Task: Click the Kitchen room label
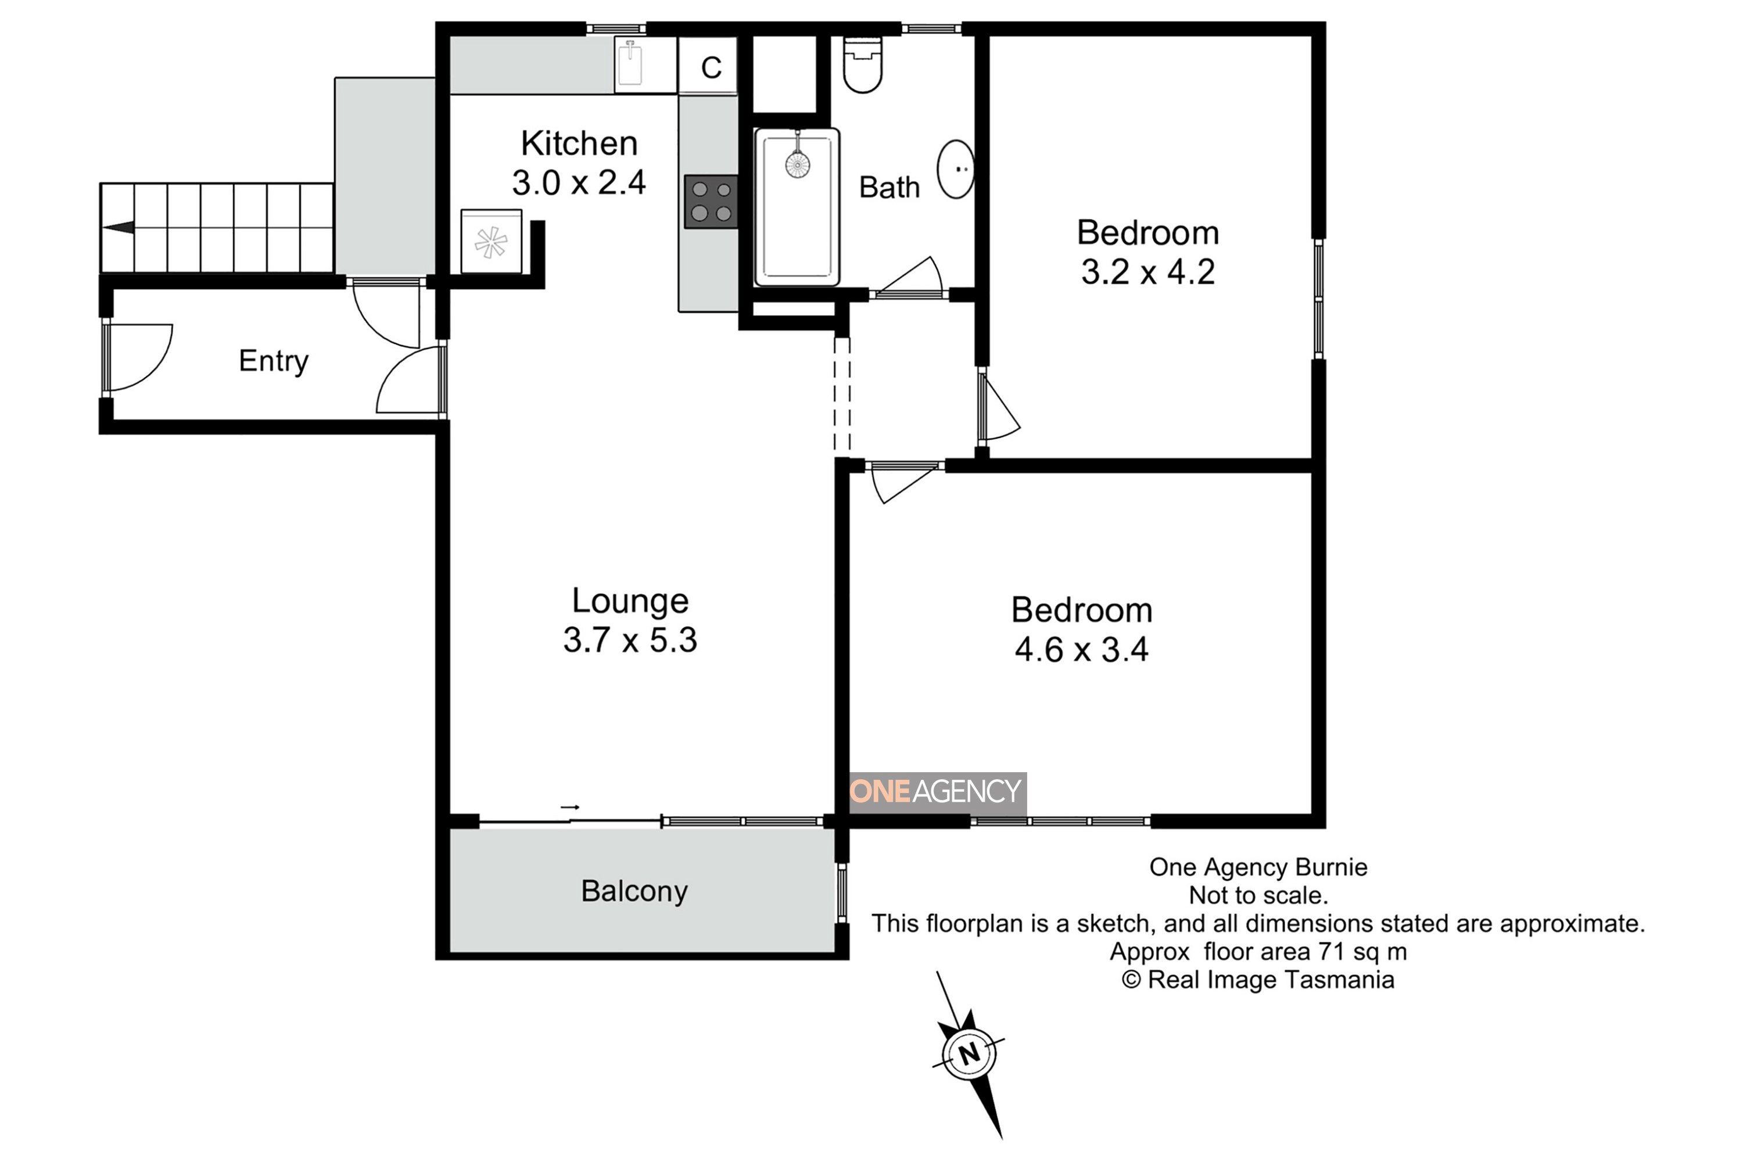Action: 579,143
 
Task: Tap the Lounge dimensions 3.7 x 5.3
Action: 630,640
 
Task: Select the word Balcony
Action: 634,891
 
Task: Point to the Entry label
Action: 274,361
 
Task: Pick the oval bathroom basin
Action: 956,169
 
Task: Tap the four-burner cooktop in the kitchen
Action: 711,202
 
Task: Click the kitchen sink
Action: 630,64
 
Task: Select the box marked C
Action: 708,66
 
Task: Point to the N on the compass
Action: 969,1053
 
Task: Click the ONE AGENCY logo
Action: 938,791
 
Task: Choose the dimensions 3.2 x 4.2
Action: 1148,272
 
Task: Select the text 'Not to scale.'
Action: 1258,895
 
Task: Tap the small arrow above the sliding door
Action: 570,807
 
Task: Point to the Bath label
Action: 890,188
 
